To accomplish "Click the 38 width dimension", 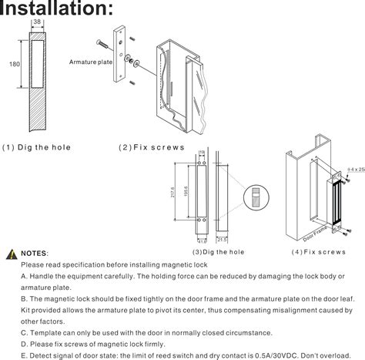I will pos(36,22).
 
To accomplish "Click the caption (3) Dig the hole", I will pos(218,252).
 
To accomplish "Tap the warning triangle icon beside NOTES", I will pos(12,253).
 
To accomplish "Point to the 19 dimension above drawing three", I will pos(201,152).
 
